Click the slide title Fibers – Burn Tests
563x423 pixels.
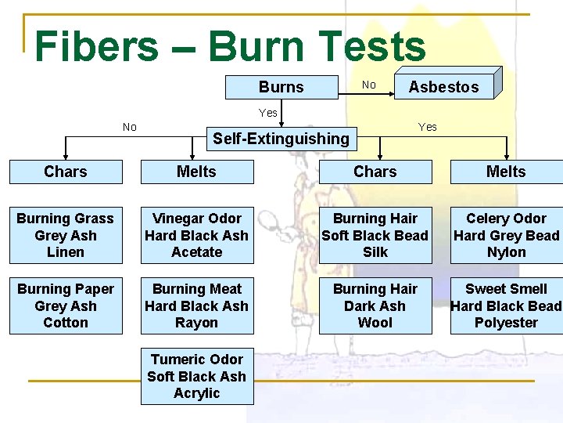230,46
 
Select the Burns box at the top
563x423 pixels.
281,87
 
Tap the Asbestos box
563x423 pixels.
443,87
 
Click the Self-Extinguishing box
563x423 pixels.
281,139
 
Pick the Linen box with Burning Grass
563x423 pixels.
66,235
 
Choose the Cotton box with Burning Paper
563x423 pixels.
66,305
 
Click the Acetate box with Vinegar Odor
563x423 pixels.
197,235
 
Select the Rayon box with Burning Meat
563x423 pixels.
197,305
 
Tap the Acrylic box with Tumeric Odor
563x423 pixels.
197,376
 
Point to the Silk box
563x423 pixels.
375,235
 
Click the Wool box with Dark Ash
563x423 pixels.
375,305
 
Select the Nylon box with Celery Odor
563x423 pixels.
507,235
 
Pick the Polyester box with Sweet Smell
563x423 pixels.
507,305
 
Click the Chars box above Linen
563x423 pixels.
66,172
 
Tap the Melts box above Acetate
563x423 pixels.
197,172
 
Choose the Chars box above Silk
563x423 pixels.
375,172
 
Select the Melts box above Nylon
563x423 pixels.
507,172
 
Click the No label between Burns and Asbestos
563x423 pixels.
369,85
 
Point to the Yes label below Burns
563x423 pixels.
268,113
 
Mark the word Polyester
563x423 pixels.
507,323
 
